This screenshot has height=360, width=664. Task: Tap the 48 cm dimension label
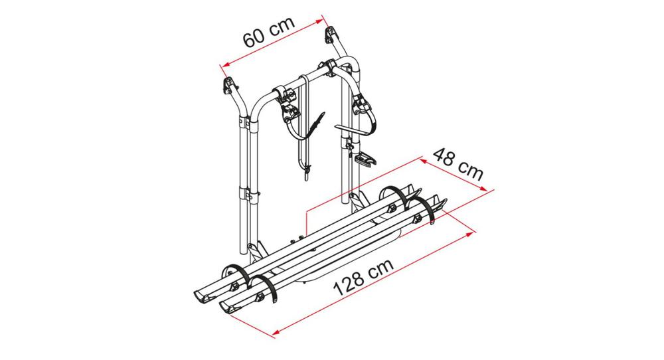(x=457, y=163)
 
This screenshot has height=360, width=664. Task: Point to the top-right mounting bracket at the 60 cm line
(x=330, y=35)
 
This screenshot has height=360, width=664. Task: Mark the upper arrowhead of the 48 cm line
(x=424, y=161)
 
